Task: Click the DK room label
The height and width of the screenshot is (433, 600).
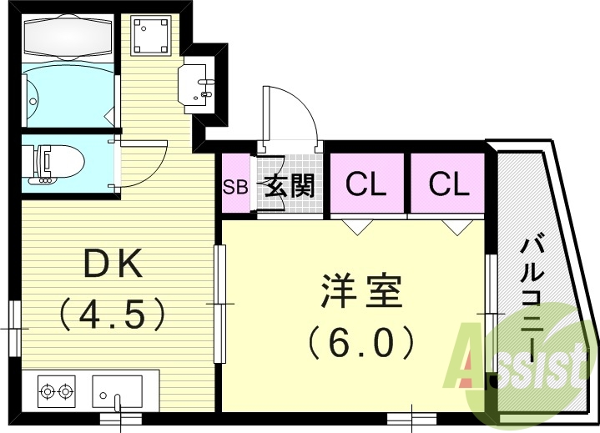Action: pos(114,265)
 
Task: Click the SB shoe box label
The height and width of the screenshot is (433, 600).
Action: pos(235,186)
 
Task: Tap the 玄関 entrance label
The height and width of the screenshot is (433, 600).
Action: pos(289,185)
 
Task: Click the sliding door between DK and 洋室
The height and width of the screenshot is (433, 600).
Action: pos(221,305)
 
